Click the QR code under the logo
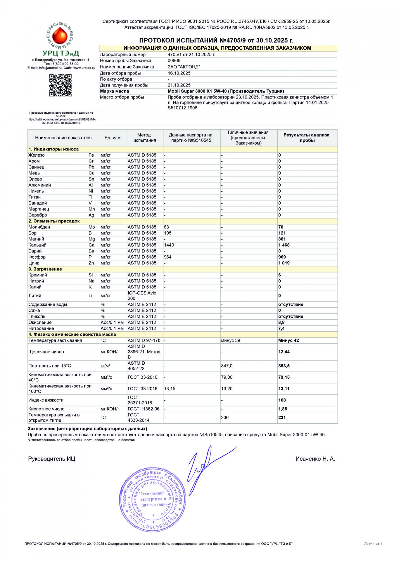[60, 85]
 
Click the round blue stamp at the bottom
[153, 499]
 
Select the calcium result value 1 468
[284, 245]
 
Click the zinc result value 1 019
[284, 263]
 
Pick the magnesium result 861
[282, 239]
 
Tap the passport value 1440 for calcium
[169, 245]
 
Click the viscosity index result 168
[282, 400]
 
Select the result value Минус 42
[289, 340]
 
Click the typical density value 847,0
[227, 366]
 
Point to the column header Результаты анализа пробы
[306, 138]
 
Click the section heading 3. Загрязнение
[45, 269]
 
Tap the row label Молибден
[39, 227]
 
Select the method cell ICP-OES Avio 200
[142, 295]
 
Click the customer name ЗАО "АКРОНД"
[184, 67]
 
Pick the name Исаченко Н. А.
[315, 459]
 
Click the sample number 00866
[174, 61]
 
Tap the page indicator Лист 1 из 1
[373, 544]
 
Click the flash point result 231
[282, 418]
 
